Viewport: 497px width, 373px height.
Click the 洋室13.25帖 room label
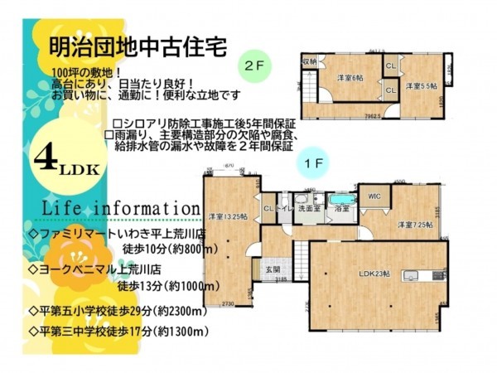point(227,216)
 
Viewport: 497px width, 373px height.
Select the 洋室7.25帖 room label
point(413,224)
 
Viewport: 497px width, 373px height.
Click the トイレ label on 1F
point(284,210)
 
